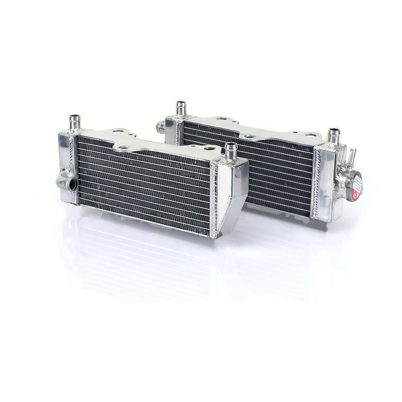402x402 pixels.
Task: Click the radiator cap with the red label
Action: (355, 186)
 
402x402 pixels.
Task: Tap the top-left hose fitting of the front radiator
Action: (75, 123)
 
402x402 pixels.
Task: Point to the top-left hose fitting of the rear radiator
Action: (181, 109)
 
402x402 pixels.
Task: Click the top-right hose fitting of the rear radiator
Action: (333, 135)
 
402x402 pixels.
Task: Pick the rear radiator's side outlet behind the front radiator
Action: (161, 126)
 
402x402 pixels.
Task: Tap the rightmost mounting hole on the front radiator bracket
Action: (208, 149)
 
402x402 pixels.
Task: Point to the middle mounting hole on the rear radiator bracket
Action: (250, 136)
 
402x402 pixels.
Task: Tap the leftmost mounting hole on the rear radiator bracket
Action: (223, 119)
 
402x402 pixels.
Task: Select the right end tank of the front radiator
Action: (231, 195)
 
